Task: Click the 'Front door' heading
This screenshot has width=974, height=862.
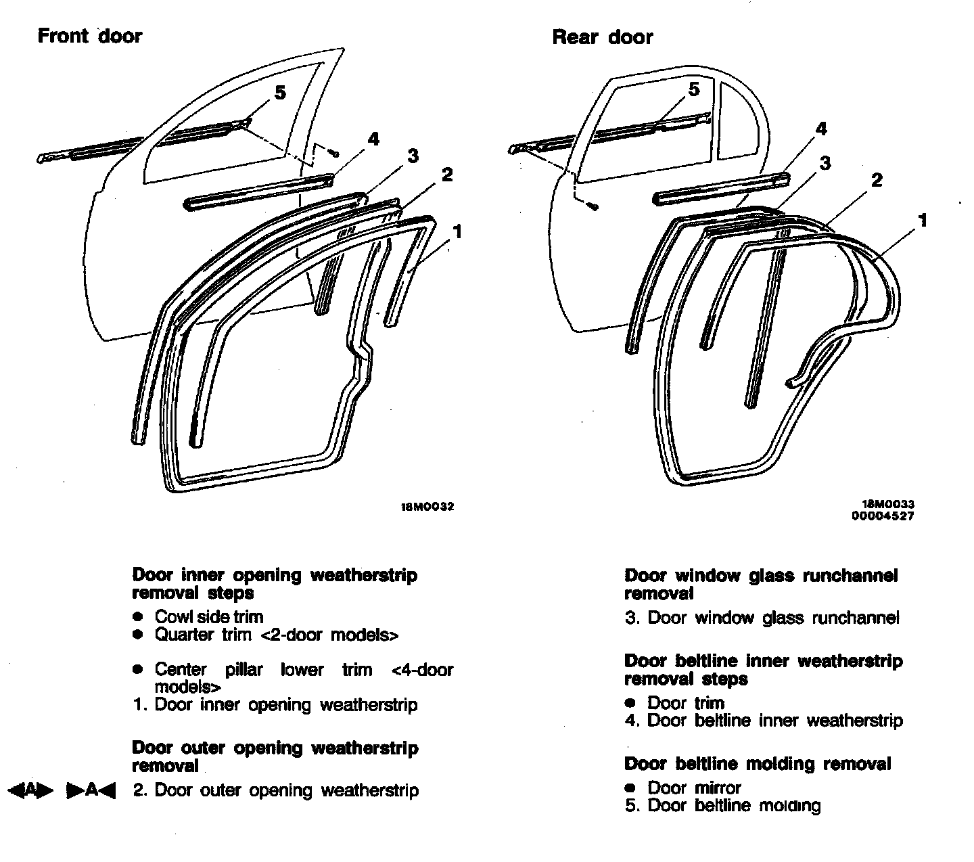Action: click(x=89, y=35)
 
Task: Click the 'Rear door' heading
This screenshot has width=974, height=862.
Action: click(x=602, y=37)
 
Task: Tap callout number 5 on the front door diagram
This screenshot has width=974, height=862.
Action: click(x=280, y=92)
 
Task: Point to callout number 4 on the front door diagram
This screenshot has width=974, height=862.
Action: click(x=373, y=139)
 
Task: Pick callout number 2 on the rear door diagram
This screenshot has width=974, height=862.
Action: click(x=877, y=180)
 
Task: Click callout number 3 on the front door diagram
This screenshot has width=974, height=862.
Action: click(x=413, y=156)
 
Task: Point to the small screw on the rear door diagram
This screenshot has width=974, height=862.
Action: click(x=593, y=204)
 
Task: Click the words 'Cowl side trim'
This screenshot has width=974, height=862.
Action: click(x=208, y=616)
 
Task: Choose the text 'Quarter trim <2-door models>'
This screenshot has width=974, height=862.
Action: click(x=276, y=635)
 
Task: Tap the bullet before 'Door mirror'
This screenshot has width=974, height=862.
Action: click(x=630, y=788)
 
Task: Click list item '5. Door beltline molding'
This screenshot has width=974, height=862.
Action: click(x=722, y=805)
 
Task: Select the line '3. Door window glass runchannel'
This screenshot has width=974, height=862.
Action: click(x=762, y=618)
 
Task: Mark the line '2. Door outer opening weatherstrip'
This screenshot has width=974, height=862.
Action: click(x=275, y=790)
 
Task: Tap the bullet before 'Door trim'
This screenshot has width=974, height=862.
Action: click(x=630, y=703)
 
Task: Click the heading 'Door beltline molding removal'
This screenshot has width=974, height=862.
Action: click(x=758, y=764)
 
